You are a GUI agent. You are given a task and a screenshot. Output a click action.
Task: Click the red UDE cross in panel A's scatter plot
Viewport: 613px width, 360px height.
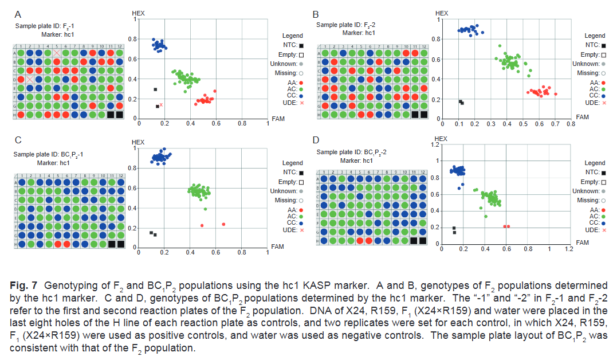162,105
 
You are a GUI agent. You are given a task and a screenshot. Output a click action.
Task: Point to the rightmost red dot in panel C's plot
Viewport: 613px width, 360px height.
223,224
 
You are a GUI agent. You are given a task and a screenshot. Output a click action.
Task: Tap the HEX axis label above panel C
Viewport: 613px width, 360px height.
138,142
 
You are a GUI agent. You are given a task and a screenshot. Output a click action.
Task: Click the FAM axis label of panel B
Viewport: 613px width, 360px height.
581,116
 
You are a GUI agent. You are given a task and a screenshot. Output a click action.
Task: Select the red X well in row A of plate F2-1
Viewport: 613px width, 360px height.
57,53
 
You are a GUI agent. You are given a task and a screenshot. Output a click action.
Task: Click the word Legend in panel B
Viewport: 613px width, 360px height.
595,36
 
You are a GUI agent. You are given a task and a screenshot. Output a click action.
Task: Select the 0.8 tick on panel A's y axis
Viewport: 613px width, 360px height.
132,39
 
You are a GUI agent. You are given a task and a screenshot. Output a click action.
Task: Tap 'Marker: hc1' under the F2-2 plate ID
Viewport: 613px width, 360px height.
359,33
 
